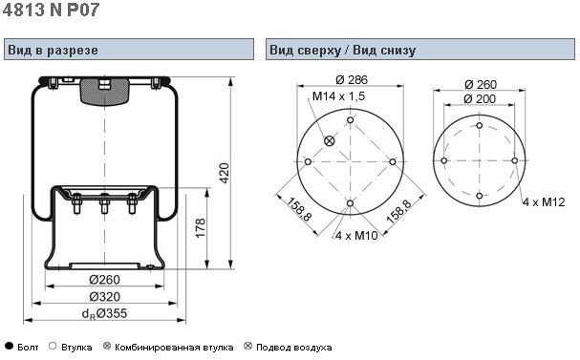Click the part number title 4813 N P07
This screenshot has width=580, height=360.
(51, 10)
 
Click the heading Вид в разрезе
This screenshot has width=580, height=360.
(53, 50)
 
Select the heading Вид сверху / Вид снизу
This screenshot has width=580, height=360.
(342, 50)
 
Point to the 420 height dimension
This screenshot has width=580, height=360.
(225, 173)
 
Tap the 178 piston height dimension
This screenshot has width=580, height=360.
(200, 228)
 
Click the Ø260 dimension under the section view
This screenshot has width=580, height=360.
(105, 280)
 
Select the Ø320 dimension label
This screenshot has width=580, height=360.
(105, 296)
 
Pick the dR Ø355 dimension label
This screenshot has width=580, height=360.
(104, 314)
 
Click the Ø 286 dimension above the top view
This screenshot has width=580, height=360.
(352, 79)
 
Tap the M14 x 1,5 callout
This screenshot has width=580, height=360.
(338, 96)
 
